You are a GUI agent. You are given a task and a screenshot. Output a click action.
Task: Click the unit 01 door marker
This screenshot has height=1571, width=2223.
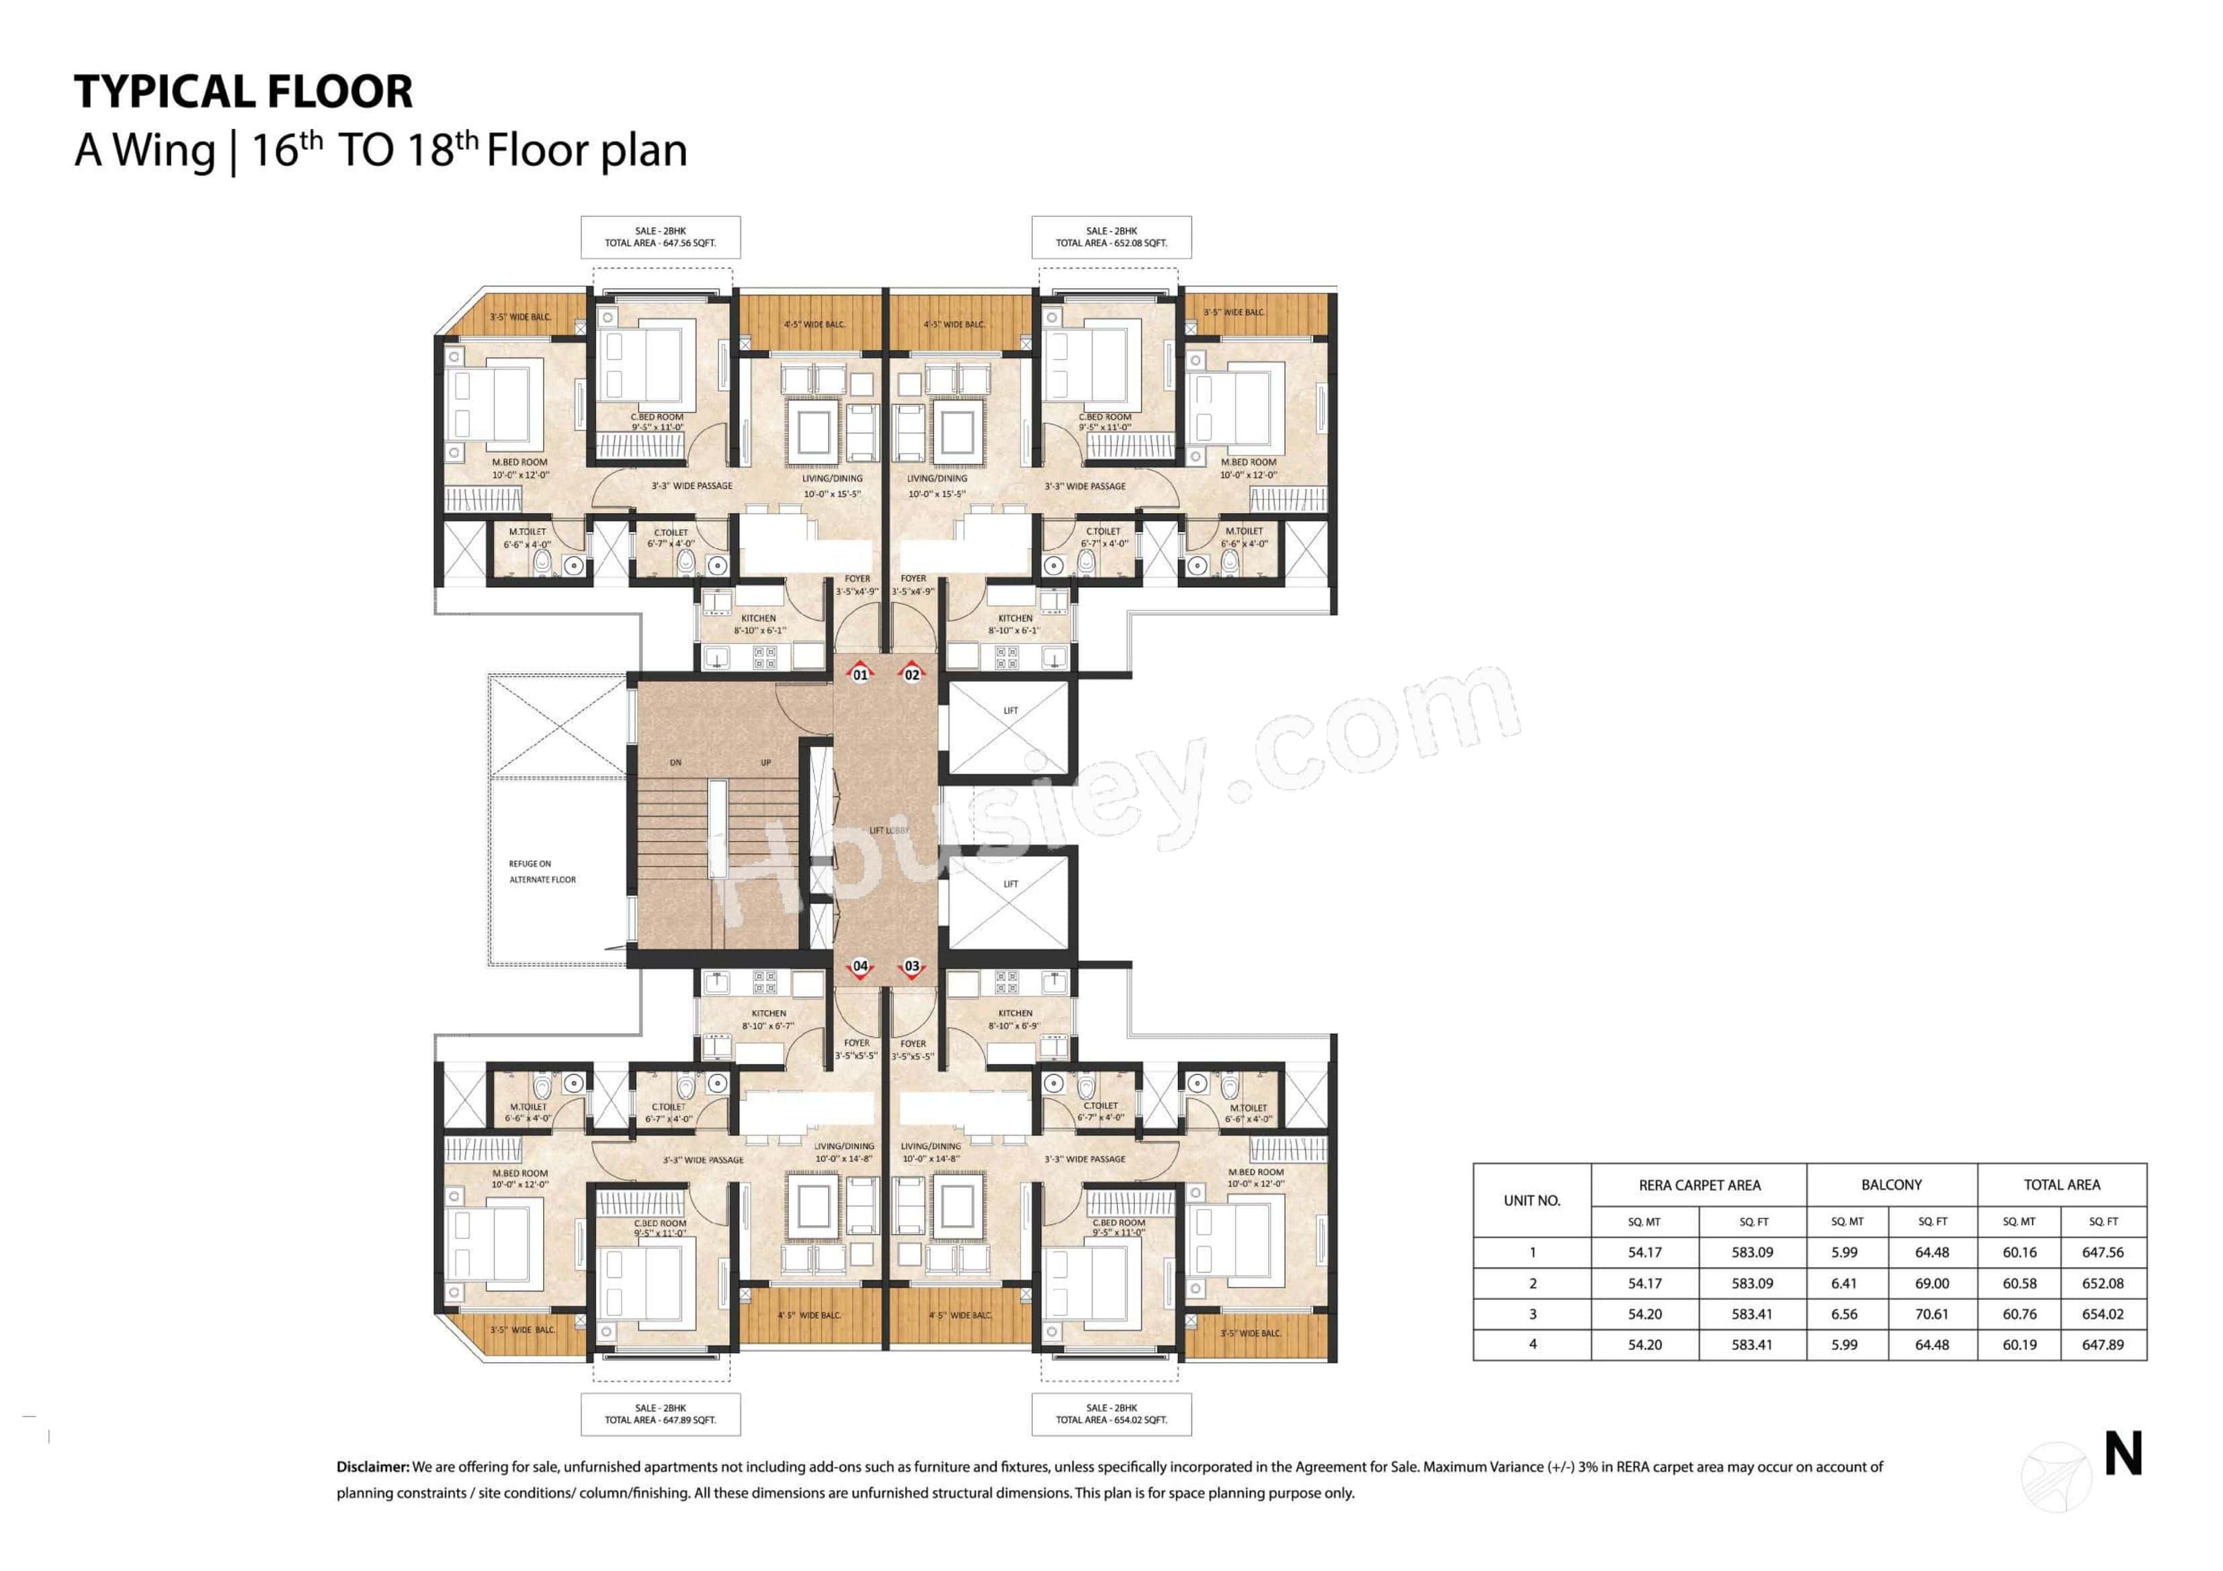point(859,674)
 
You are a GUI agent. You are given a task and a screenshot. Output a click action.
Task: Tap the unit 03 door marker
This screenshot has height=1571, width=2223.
point(911,966)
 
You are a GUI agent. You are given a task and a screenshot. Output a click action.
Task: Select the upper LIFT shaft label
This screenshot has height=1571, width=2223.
point(1010,711)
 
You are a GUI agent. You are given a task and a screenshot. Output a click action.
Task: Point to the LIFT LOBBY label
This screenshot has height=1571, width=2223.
point(889,831)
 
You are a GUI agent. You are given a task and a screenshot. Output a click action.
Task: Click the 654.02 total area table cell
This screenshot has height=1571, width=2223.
point(2102,1314)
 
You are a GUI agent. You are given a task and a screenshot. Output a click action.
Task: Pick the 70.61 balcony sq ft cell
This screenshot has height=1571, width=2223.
point(1931,1314)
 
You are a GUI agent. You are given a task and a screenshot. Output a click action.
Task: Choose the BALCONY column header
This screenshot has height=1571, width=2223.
point(1891,1185)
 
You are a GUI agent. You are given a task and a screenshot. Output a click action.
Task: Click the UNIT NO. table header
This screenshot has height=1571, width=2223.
point(1532,1200)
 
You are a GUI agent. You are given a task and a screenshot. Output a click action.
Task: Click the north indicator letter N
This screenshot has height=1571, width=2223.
point(2124,1455)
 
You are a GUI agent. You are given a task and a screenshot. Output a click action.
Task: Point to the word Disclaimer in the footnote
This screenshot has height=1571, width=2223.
point(373,1466)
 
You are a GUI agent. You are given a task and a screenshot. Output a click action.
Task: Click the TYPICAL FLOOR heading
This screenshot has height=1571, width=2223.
point(243,92)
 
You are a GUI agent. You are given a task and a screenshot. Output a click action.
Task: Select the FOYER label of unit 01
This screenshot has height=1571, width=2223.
point(857,584)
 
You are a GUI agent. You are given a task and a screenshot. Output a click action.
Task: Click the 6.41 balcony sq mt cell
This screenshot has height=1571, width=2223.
point(1845,1283)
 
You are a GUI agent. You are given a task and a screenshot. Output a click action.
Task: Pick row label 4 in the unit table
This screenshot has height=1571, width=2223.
point(1532,1345)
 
